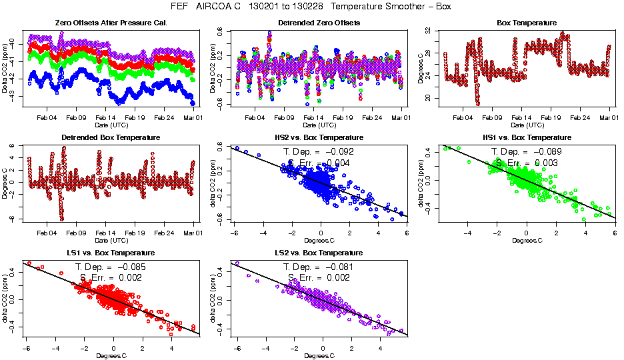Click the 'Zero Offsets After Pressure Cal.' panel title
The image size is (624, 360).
[111, 23]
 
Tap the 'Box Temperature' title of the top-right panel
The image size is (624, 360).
[527, 23]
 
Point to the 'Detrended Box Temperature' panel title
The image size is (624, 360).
[111, 138]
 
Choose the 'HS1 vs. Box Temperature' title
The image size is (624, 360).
[527, 138]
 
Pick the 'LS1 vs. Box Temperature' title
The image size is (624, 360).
[111, 253]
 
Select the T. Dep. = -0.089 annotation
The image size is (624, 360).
[527, 152]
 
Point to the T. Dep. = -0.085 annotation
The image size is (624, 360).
[111, 267]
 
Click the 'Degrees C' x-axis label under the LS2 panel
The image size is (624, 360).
[319, 355]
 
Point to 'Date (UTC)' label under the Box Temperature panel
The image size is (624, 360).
[527, 125]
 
